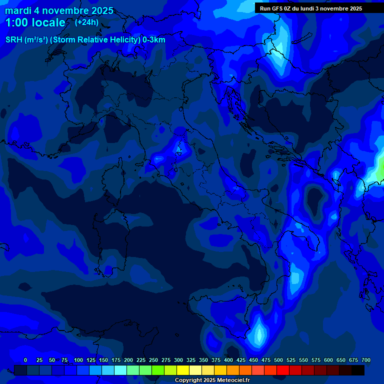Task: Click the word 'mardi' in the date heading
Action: coord(18,11)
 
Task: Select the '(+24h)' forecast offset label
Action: coord(86,22)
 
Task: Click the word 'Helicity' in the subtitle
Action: coord(107,40)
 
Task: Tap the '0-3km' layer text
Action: coord(153,40)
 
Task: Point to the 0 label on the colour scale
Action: coord(25,360)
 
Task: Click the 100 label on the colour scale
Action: coord(78,360)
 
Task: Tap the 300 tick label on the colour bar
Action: coord(178,360)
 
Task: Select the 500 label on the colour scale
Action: coord(278,360)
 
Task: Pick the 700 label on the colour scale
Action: coord(366,360)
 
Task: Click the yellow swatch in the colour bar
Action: coord(183,370)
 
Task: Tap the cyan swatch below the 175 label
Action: coord(120,370)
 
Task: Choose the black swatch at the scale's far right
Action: coord(358,370)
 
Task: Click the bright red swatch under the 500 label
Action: coord(283,370)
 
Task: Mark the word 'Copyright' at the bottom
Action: coord(188,380)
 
